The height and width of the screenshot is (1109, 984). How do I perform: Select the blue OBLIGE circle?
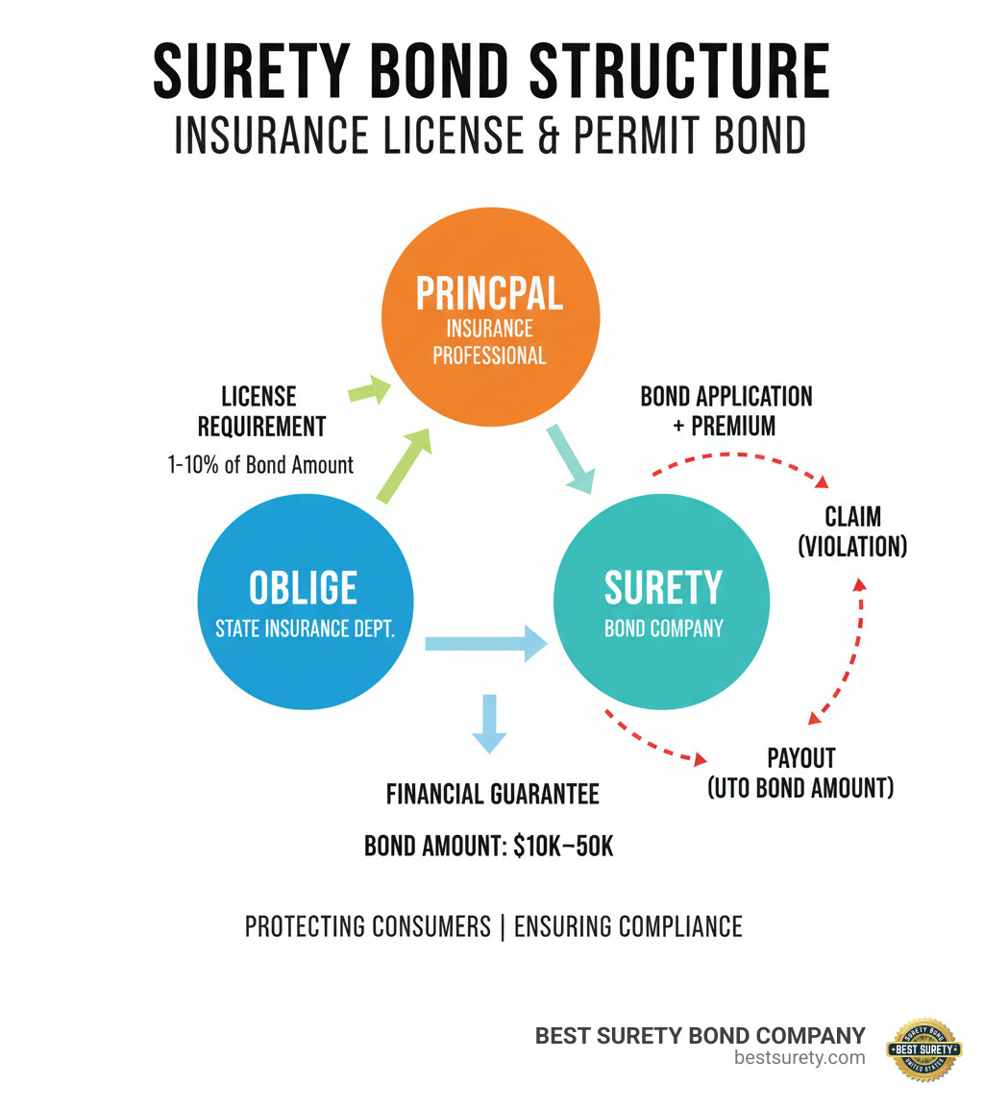306,601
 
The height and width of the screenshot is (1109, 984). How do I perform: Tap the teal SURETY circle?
663,601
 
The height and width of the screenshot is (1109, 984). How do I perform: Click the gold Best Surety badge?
923,1049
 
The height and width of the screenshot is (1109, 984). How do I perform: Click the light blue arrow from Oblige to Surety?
485,641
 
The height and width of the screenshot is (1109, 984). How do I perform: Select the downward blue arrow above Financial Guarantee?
489,724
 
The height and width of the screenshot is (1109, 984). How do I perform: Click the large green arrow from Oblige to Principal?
403,467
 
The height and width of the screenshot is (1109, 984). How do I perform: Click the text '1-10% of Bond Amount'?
260,465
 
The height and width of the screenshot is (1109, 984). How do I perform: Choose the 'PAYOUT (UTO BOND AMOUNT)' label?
800,772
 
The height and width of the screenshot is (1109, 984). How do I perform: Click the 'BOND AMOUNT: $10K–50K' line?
488,847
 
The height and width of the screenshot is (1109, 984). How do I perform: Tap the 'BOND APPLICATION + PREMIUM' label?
726,410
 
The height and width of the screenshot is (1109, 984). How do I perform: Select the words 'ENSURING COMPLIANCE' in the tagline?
627,926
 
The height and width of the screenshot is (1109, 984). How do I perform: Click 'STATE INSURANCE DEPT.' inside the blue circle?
306,630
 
